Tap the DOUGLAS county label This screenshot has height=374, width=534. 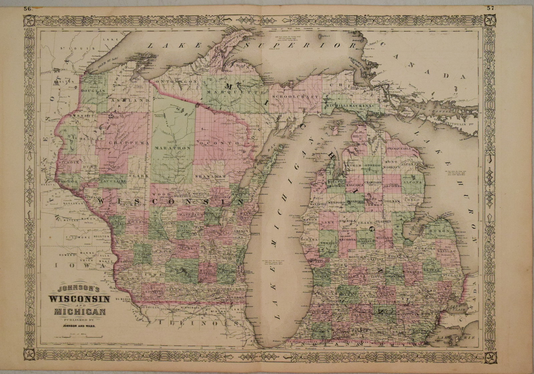(93, 91)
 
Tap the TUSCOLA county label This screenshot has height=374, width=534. (425, 249)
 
